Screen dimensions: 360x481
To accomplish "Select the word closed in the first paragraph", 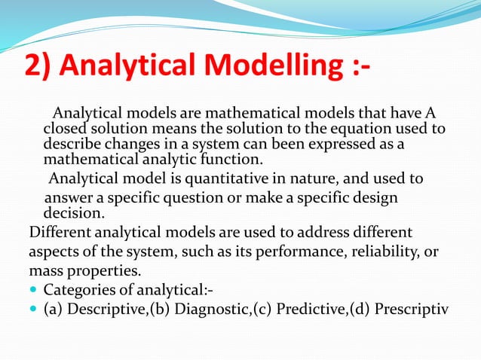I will [x=64, y=129].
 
